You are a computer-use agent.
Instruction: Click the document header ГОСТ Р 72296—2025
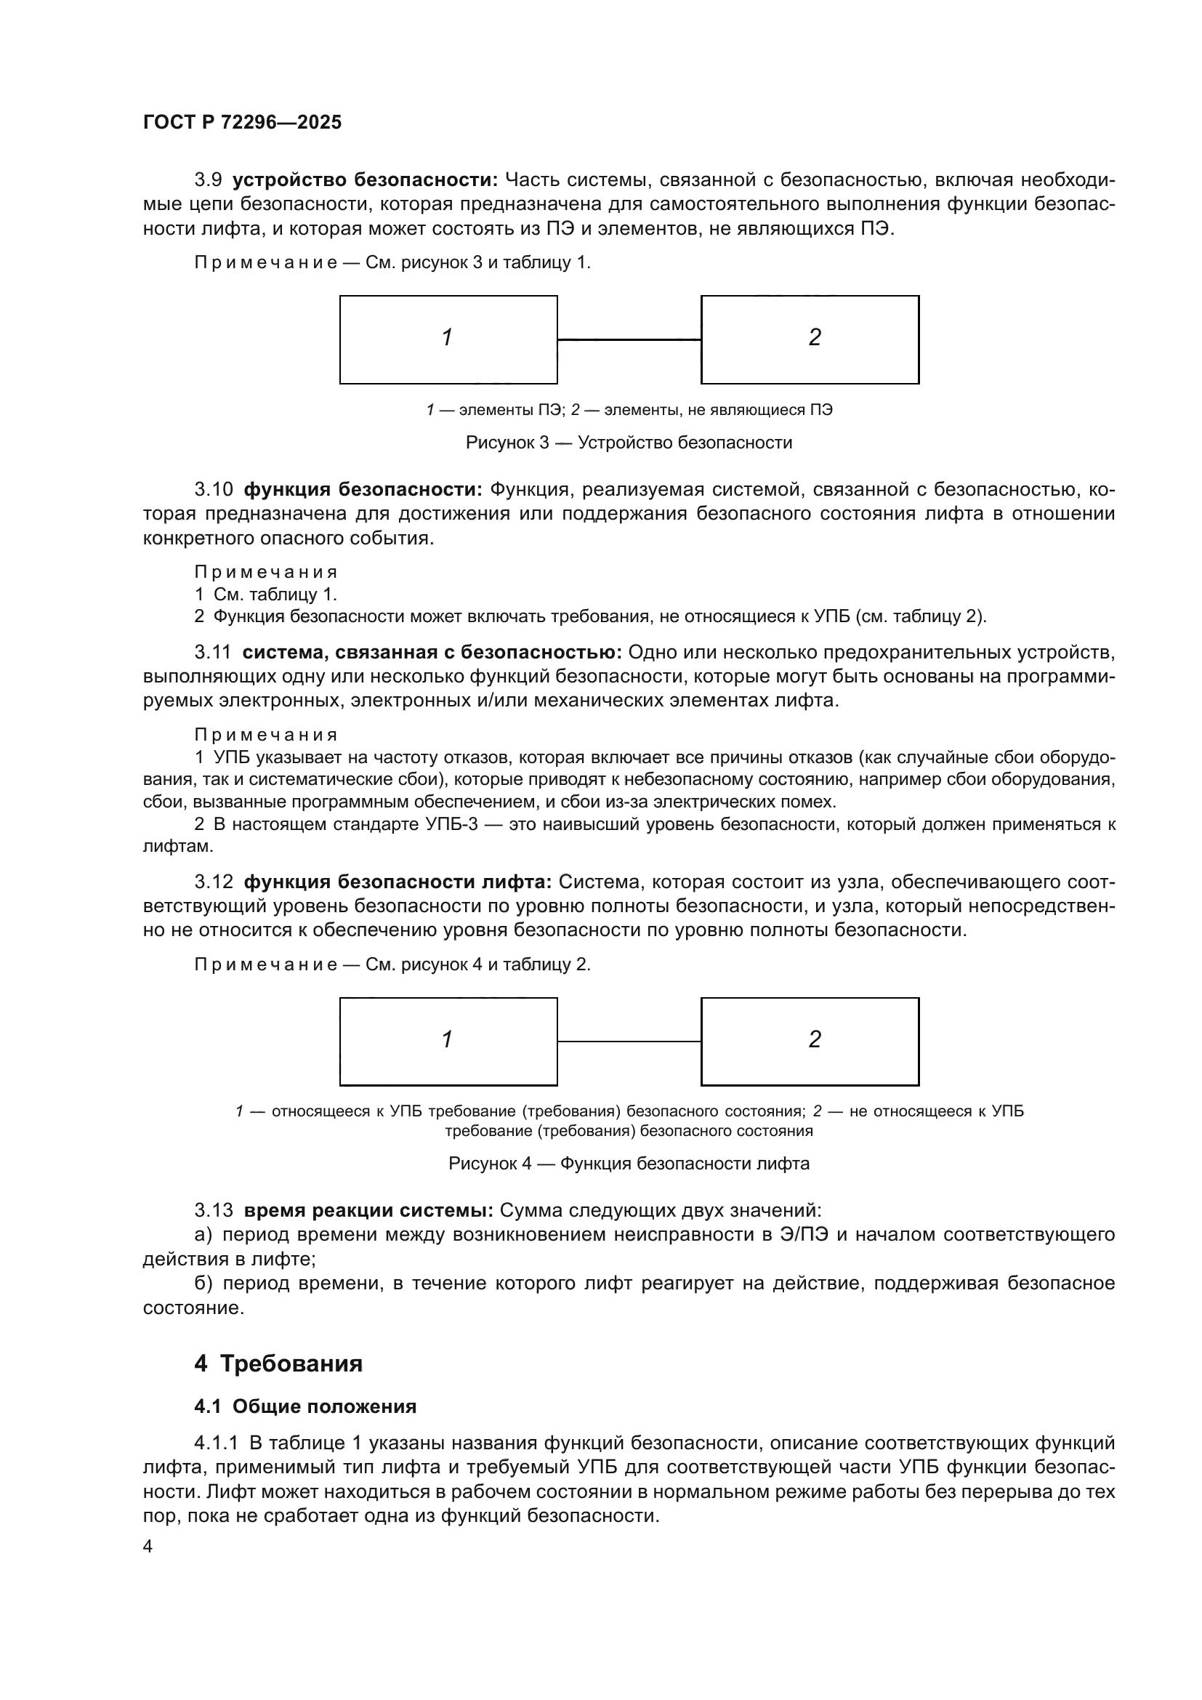(242, 123)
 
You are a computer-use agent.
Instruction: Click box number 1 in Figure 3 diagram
(448, 339)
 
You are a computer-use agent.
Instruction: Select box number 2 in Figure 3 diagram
(810, 339)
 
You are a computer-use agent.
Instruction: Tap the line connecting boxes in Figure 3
(629, 340)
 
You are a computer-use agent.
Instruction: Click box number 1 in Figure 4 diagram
(448, 1041)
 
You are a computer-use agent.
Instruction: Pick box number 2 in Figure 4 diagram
(810, 1041)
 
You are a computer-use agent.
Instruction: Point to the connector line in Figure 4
(629, 1041)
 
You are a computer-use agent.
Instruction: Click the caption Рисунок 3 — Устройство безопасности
(629, 443)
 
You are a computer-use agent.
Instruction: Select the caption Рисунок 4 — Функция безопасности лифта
(629, 1163)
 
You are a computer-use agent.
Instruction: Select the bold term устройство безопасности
(366, 180)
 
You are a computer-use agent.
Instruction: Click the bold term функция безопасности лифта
(398, 882)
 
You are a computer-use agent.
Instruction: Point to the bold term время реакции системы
(368, 1211)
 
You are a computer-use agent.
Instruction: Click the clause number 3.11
(213, 652)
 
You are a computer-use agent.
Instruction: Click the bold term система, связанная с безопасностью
(432, 652)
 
